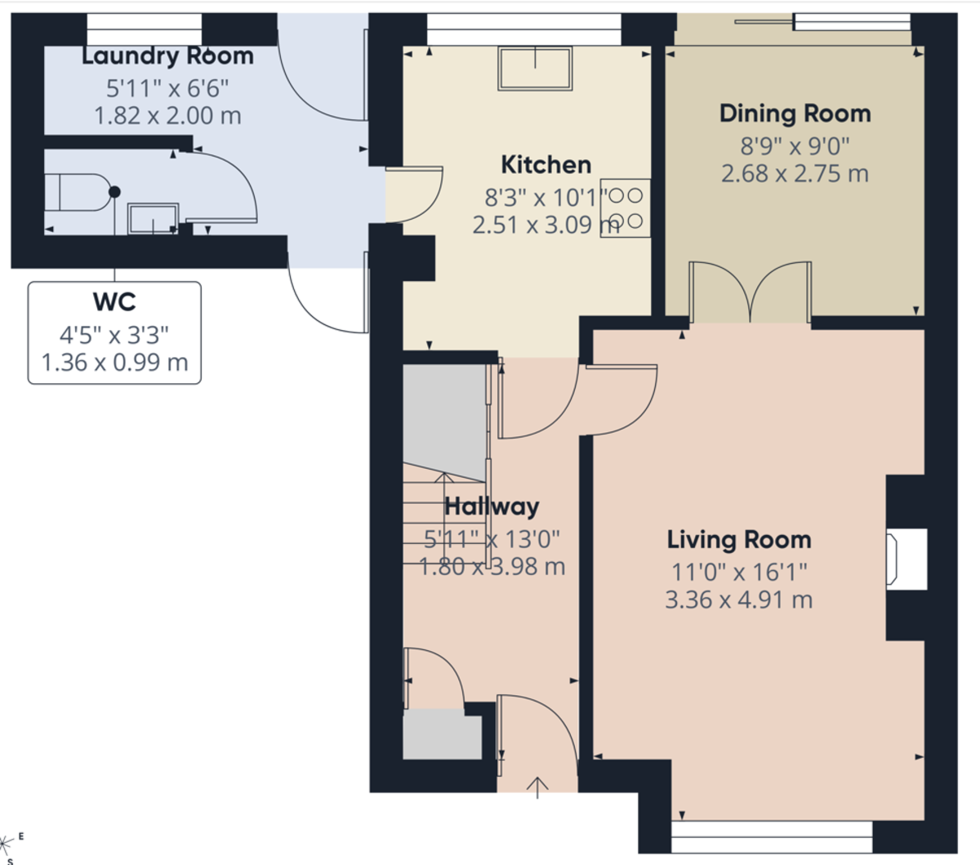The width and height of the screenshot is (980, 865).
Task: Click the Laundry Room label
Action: [x=167, y=56]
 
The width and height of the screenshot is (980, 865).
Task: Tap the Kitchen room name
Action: [x=546, y=164]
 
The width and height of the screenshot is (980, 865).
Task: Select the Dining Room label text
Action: [x=795, y=114]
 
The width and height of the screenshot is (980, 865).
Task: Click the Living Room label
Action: [x=739, y=540]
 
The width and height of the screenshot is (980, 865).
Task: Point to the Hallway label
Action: [x=492, y=506]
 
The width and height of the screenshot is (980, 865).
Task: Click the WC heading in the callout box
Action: [x=114, y=302]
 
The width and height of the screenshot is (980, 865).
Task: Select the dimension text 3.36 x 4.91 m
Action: [x=739, y=600]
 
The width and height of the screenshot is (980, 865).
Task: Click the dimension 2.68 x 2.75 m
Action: [x=795, y=174]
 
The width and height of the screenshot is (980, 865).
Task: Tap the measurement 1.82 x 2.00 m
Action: [x=167, y=116]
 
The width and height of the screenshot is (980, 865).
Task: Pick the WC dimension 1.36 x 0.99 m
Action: [x=114, y=362]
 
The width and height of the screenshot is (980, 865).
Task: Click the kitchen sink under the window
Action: [x=536, y=68]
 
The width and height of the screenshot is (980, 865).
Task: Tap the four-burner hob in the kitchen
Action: [x=626, y=208]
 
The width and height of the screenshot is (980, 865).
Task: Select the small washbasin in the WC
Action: [x=153, y=218]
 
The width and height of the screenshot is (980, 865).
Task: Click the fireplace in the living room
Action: [x=906, y=559]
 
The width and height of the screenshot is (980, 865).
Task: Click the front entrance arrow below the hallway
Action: [x=537, y=787]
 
